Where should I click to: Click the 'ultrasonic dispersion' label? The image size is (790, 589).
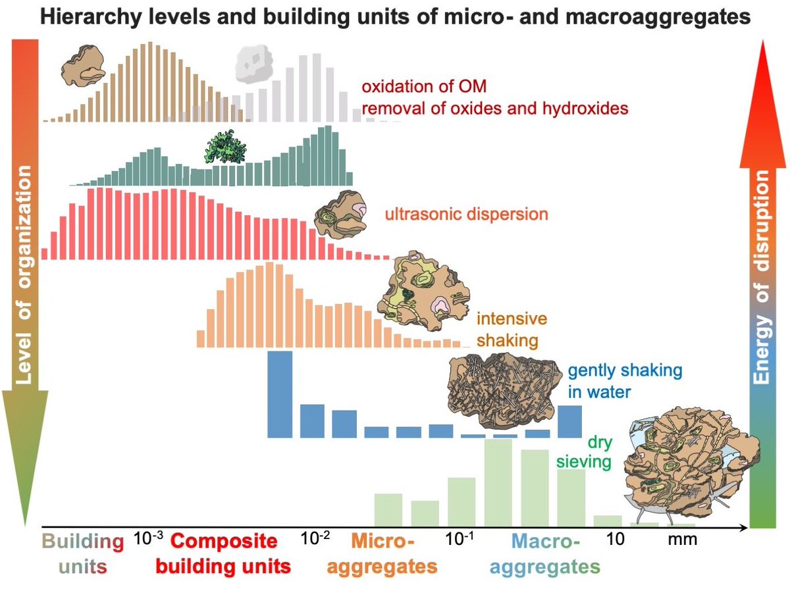pos(466,215)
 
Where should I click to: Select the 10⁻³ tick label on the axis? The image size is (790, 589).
pos(148,538)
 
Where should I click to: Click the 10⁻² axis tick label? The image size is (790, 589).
pos(315,538)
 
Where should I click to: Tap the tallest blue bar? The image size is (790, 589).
pos(280,394)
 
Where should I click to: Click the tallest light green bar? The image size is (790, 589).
pos(498,482)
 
